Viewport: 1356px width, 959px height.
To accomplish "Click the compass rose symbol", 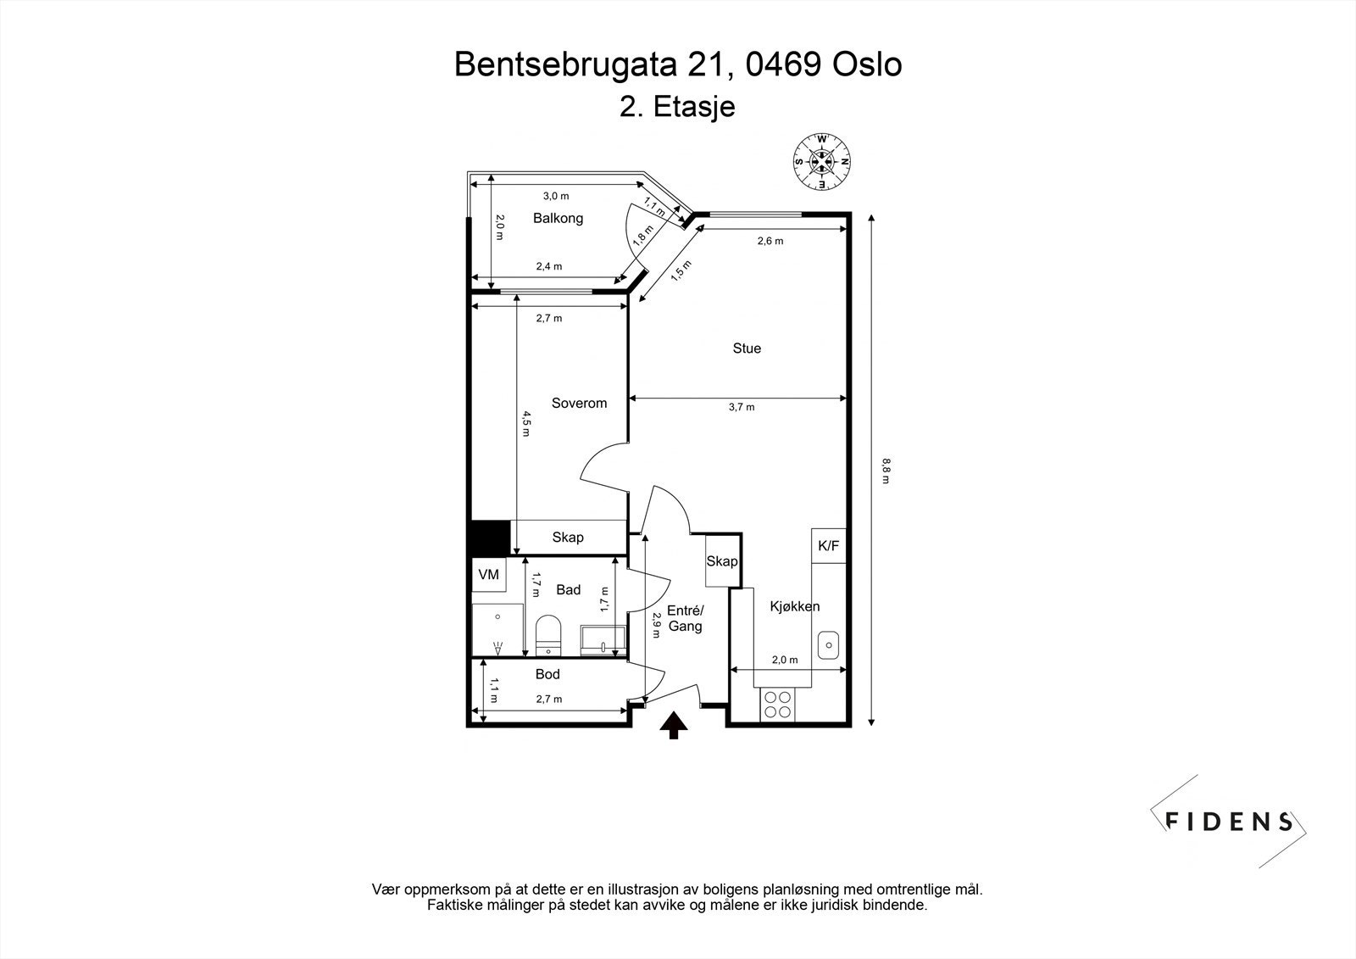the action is pyautogui.click(x=822, y=162).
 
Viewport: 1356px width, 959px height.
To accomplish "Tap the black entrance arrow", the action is pyautogui.click(x=673, y=726).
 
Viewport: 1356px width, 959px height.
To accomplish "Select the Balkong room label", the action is pyautogui.click(x=559, y=219).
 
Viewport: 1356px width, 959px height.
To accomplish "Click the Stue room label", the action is pyautogui.click(x=747, y=348).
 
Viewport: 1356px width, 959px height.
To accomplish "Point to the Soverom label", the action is pyautogui.click(x=579, y=404).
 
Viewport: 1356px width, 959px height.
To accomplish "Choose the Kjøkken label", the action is pyautogui.click(x=795, y=606).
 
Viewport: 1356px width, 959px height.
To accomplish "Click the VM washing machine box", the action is pyautogui.click(x=489, y=575).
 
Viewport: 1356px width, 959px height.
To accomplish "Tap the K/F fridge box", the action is pyautogui.click(x=829, y=546).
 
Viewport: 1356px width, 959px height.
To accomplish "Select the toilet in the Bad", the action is pyautogui.click(x=548, y=635).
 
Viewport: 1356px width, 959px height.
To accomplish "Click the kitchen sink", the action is pyautogui.click(x=828, y=646).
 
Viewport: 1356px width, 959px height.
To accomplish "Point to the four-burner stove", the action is pyautogui.click(x=778, y=705).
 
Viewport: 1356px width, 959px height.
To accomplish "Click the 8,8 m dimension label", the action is pyautogui.click(x=886, y=471).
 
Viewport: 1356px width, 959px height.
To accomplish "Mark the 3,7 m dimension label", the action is pyautogui.click(x=742, y=408).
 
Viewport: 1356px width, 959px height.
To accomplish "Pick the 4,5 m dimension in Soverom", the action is pyautogui.click(x=526, y=424).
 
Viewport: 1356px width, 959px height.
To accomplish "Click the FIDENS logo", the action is pyautogui.click(x=1229, y=822).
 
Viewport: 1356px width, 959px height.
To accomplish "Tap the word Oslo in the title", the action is pyautogui.click(x=867, y=64).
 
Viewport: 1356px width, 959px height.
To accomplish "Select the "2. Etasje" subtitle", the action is pyautogui.click(x=677, y=108).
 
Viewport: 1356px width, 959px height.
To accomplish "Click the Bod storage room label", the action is pyautogui.click(x=547, y=674).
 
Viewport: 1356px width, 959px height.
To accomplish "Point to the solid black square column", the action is pyautogui.click(x=491, y=538).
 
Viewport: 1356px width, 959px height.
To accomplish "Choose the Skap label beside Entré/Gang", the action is pyautogui.click(x=722, y=561).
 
